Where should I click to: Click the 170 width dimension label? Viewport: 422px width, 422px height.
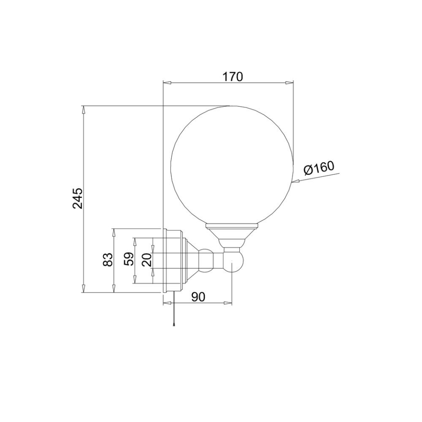click(233, 77)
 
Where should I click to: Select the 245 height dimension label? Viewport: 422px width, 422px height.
click(78, 199)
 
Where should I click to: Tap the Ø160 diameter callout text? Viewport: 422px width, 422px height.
click(319, 168)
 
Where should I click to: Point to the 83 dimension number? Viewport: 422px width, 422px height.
click(108, 260)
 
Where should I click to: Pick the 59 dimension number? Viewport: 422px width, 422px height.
click(130, 259)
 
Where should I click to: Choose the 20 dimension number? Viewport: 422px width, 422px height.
click(147, 260)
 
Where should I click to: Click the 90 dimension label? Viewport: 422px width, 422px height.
click(198, 297)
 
